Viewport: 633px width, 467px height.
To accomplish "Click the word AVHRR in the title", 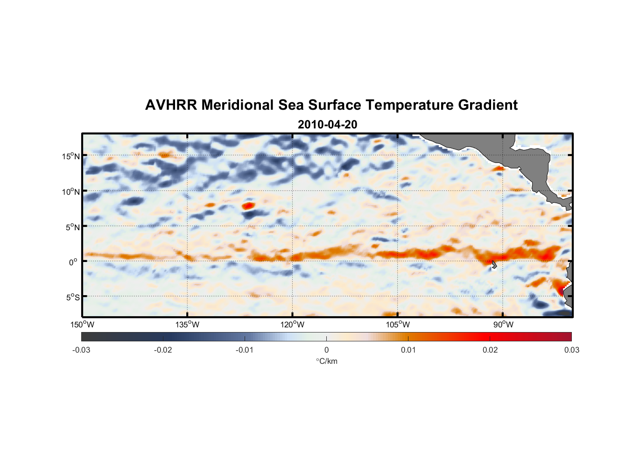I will pyautogui.click(x=171, y=105).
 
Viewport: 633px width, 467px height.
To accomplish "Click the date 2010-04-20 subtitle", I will pyautogui.click(x=327, y=125).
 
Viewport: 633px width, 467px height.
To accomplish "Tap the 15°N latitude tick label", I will pyautogui.click(x=71, y=156).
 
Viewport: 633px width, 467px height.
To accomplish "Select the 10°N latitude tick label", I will pyautogui.click(x=71, y=191).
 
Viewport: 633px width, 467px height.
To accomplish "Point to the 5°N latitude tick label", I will pyautogui.click(x=72, y=227).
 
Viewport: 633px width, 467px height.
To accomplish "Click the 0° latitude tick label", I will pyautogui.click(x=73, y=262).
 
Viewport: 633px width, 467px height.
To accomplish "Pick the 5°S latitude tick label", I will pyautogui.click(x=72, y=297).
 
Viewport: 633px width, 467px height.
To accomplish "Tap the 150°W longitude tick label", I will pyautogui.click(x=83, y=325).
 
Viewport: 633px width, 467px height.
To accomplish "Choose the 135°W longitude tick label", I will pyautogui.click(x=188, y=325).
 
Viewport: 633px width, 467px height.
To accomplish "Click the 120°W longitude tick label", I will pyautogui.click(x=293, y=325).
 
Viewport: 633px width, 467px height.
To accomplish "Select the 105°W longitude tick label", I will pyautogui.click(x=398, y=325).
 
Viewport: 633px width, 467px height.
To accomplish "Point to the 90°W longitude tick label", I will pyautogui.click(x=503, y=325).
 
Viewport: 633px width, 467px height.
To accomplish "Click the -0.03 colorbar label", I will pyautogui.click(x=81, y=350).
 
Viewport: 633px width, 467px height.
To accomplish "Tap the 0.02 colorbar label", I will pyautogui.click(x=490, y=350).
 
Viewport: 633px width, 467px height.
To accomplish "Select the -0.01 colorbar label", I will pyautogui.click(x=245, y=350).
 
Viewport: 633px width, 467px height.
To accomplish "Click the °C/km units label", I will pyautogui.click(x=326, y=361).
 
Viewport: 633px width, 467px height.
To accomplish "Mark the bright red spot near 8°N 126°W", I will pyautogui.click(x=248, y=205).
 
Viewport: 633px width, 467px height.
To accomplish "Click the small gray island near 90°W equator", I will pyautogui.click(x=494, y=265).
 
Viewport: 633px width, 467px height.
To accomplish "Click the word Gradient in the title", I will pyautogui.click(x=487, y=105).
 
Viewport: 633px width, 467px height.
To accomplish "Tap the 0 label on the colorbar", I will pyautogui.click(x=326, y=350).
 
